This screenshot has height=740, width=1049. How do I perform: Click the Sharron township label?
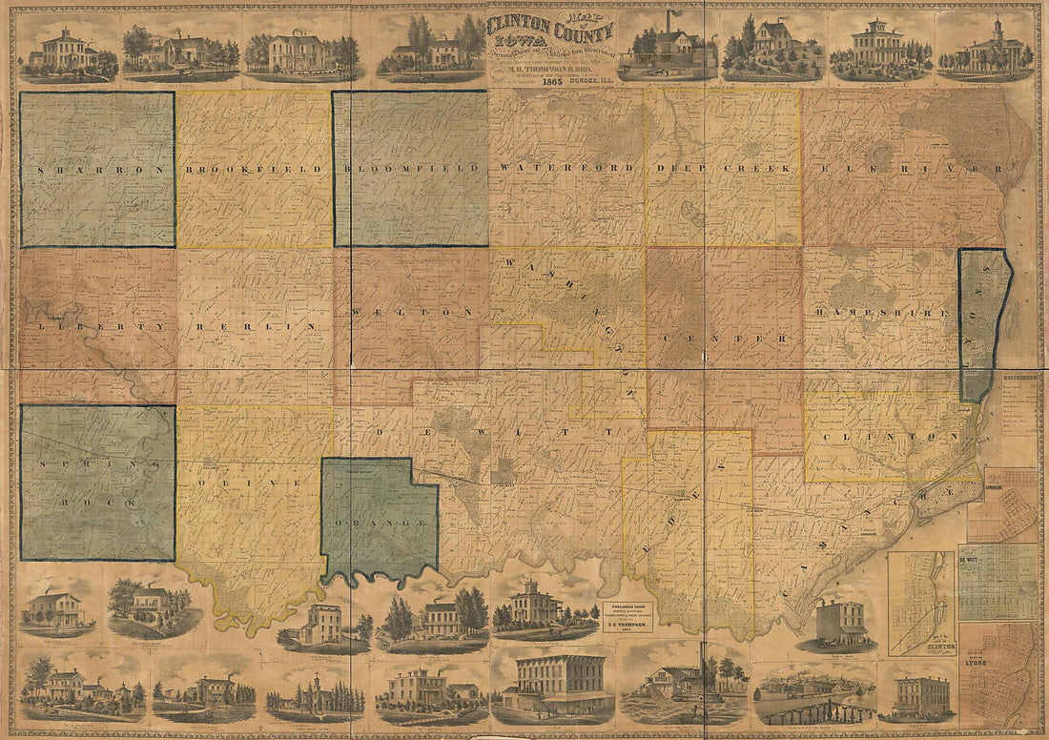[96, 169]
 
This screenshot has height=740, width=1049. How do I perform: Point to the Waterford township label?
[566, 168]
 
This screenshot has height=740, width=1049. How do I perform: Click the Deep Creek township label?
[723, 168]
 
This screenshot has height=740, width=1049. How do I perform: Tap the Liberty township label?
[96, 326]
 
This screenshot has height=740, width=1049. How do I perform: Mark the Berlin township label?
[254, 326]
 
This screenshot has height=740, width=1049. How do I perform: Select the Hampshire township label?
[882, 313]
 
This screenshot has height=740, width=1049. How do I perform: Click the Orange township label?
[380, 524]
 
